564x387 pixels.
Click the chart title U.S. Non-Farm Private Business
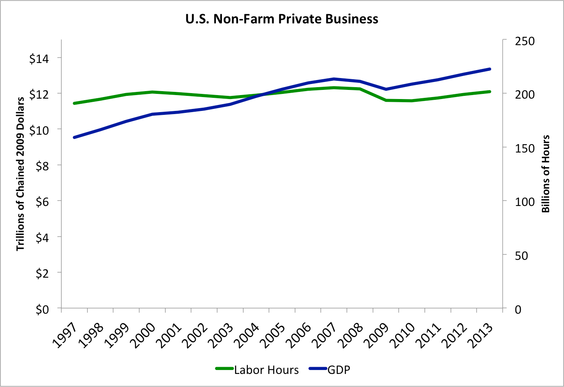click(x=282, y=19)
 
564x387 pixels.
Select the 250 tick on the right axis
click(x=525, y=41)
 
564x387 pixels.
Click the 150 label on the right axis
click(x=525, y=148)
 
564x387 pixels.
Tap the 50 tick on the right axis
click(x=522, y=255)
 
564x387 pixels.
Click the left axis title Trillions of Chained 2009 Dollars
click(x=20, y=173)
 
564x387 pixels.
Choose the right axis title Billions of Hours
click(x=546, y=173)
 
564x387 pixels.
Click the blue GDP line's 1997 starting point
click(x=74, y=137)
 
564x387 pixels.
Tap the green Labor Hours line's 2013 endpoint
click(x=490, y=92)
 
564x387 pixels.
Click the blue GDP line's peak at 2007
click(x=334, y=79)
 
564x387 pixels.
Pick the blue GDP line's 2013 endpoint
click(x=490, y=69)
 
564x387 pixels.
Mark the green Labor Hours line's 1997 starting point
click(x=74, y=103)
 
